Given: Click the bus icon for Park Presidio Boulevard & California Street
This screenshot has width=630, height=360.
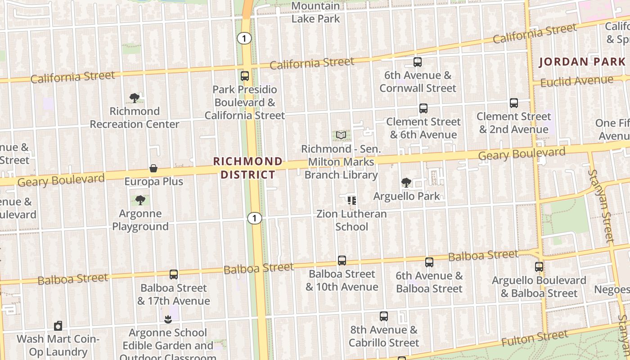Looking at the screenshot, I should tap(245, 76).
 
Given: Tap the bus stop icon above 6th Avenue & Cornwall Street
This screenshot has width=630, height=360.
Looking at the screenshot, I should tap(418, 62).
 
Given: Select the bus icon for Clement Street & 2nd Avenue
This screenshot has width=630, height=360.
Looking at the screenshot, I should tap(514, 103).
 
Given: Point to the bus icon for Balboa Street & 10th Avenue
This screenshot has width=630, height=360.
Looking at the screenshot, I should tap(342, 261).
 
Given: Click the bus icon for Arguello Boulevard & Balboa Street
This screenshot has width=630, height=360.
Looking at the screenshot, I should tap(539, 267).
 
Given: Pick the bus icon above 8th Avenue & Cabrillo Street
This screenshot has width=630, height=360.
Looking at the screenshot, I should tap(384, 316).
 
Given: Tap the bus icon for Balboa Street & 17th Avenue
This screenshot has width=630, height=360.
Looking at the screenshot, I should tap(174, 274).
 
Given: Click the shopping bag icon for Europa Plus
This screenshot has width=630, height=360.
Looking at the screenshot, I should tap(153, 169).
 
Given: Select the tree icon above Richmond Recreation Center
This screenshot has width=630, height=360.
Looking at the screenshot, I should tap(134, 98).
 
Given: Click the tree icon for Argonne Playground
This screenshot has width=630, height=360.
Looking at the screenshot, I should tap(140, 200).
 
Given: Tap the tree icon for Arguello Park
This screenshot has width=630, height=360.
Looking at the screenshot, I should tap(406, 183).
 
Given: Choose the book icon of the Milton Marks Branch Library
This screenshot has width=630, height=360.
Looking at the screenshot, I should tap(342, 135).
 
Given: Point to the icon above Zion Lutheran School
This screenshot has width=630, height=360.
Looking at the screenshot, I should tap(351, 200).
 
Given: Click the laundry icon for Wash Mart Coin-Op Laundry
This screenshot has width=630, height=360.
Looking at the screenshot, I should tap(58, 326).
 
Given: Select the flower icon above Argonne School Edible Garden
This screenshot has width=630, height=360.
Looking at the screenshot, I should tap(168, 319).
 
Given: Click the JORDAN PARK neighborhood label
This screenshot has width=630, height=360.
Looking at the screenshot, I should tap(582, 62).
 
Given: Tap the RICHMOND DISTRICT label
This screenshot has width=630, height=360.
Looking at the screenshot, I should tap(248, 168).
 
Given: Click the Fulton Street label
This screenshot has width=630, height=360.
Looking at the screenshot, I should tap(535, 338).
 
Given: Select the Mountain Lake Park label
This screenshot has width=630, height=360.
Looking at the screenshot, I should tap(316, 12).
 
